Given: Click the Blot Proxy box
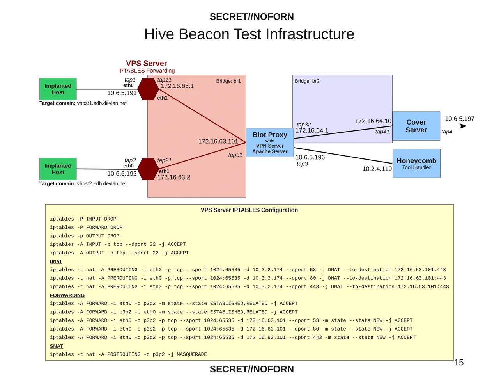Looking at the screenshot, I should click(270, 142).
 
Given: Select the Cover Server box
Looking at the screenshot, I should click(416, 126).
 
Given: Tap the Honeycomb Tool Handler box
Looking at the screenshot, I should click(416, 164).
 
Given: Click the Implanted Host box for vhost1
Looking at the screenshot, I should click(58, 89).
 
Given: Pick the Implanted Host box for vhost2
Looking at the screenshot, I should click(58, 169).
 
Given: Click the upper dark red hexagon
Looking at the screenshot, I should click(149, 89).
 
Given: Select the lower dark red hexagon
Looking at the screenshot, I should click(149, 169).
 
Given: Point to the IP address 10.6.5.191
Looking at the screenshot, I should click(122, 93).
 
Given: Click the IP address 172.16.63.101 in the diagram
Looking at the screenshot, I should click(218, 141).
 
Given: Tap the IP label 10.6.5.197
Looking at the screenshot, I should click(460, 119).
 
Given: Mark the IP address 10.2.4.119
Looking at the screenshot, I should click(377, 169).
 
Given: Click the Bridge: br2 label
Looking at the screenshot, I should click(307, 81).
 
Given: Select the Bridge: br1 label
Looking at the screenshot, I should click(228, 81).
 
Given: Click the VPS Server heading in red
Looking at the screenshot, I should click(146, 63).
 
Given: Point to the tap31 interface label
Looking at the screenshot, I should click(235, 155).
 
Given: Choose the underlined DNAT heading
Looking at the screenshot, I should click(56, 261).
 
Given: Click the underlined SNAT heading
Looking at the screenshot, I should click(56, 346).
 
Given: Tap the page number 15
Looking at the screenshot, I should click(459, 363).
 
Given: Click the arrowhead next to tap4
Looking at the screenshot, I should click(464, 126).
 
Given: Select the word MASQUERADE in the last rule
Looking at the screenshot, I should click(192, 354).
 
